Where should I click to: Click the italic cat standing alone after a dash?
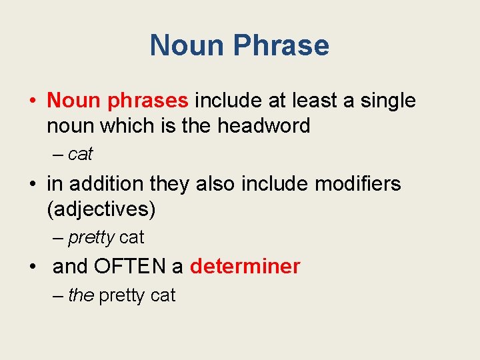81,155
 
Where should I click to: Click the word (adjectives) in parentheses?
101,209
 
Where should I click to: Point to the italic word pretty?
91,237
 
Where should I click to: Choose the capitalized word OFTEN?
130,267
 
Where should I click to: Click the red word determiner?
245,267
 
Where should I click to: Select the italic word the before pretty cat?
81,295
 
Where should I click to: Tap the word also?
218,183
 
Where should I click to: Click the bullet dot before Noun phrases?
33,101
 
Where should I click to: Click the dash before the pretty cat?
57,295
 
